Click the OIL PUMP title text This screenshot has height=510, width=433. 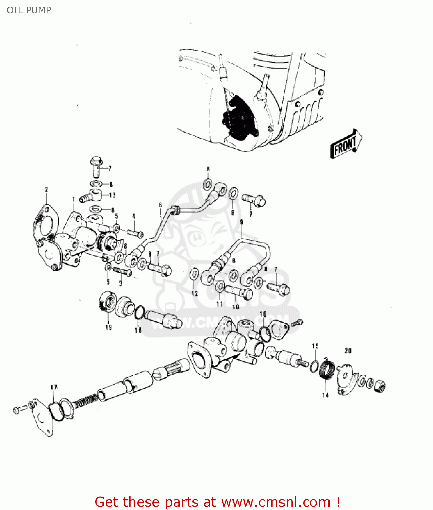29,10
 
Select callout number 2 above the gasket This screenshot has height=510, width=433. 46,190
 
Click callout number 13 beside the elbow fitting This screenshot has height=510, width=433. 112,195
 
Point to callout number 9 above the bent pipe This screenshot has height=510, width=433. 242,222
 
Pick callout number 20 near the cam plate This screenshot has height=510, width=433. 348,351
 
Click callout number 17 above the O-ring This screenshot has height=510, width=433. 54,387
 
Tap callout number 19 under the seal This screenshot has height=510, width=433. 108,327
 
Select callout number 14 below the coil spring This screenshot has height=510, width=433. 325,395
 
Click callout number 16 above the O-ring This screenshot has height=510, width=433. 263,314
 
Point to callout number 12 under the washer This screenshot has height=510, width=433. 194,294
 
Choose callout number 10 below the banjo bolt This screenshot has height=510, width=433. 236,307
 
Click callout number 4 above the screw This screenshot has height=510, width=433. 134,216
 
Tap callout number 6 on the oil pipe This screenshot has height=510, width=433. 160,205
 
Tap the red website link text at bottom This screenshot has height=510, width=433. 217,502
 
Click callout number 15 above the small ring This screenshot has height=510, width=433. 315,346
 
